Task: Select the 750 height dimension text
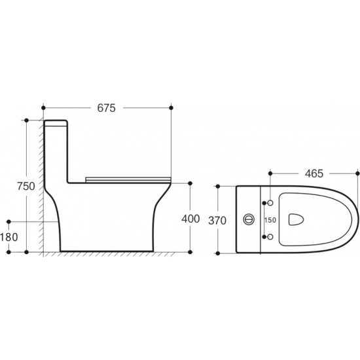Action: click(x=26, y=186)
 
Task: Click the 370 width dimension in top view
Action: click(x=217, y=221)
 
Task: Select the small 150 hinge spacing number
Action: click(x=270, y=221)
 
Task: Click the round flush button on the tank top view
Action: click(x=249, y=220)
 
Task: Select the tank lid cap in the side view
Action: click(x=57, y=123)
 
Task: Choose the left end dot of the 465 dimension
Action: click(x=269, y=174)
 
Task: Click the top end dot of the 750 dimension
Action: click(x=26, y=120)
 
